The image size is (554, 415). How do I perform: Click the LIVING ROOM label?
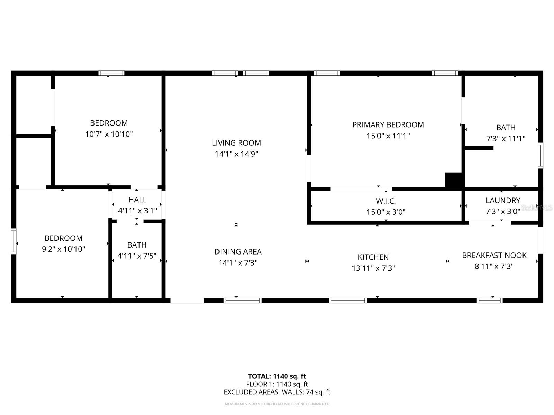pos(236,143)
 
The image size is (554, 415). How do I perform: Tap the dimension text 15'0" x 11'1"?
pos(388,136)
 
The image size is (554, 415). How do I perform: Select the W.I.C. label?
pos(386,201)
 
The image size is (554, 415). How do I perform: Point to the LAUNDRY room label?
pos(503,200)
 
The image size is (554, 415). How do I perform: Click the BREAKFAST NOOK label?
pos(494,255)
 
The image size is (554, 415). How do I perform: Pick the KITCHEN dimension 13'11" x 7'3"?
pos(373,268)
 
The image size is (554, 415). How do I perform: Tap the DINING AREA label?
pos(238,252)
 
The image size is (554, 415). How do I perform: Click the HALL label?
pos(137,200)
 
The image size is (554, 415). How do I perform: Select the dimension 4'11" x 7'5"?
pos(137,256)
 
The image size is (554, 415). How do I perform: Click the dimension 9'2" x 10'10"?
pos(63,249)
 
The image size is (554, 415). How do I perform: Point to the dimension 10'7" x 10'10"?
pos(109,134)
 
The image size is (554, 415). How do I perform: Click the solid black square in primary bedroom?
pos(454,180)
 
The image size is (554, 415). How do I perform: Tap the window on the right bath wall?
pos(540,156)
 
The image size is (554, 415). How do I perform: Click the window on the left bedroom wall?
pos(14,241)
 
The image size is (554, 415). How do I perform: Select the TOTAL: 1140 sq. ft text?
pos(277,376)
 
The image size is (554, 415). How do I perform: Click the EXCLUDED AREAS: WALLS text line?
pos(277,392)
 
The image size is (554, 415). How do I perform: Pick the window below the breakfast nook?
pos(490,301)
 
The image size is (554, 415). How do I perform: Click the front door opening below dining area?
pos(187,301)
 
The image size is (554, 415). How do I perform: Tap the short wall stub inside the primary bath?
pos(479,148)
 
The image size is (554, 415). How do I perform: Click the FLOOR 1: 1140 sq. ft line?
pos(277,384)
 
